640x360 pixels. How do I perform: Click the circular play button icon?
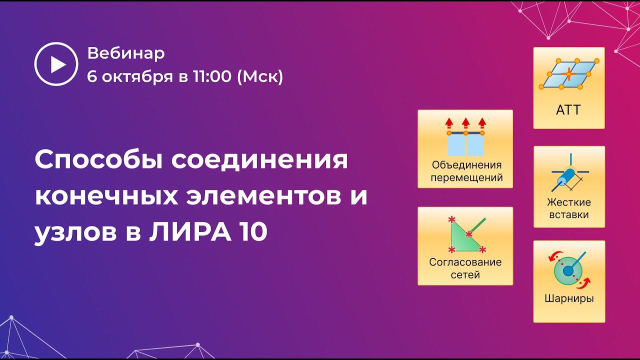(x=56, y=64)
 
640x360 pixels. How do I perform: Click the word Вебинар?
(x=125, y=53)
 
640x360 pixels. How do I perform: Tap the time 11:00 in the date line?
(x=212, y=76)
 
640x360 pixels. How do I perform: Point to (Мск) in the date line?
(x=260, y=76)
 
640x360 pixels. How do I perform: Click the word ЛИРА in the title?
(x=185, y=232)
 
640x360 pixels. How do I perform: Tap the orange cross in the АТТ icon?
(x=569, y=74)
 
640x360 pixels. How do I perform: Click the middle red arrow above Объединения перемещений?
(x=465, y=122)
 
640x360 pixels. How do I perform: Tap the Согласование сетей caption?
(x=465, y=268)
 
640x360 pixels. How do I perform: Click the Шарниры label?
(x=569, y=299)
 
